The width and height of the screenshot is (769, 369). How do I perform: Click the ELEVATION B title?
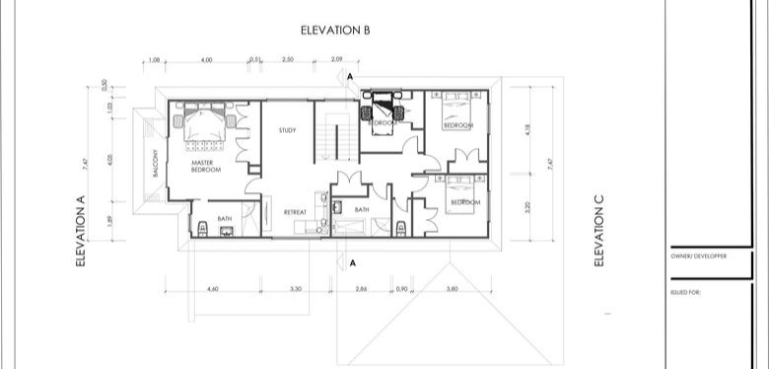(x=335, y=31)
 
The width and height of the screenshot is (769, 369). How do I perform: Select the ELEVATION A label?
(x=83, y=231)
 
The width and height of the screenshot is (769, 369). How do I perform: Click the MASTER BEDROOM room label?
(x=205, y=167)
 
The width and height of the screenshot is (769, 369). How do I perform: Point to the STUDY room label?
(x=287, y=130)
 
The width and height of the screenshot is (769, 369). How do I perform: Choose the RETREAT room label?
(x=295, y=212)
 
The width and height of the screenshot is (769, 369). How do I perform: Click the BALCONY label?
(x=156, y=164)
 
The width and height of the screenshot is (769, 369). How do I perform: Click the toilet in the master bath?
(x=201, y=229)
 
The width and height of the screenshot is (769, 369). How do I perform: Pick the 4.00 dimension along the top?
(x=206, y=61)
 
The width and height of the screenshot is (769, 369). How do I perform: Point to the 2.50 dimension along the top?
(x=287, y=61)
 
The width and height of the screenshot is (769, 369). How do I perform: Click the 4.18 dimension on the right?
(x=529, y=130)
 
